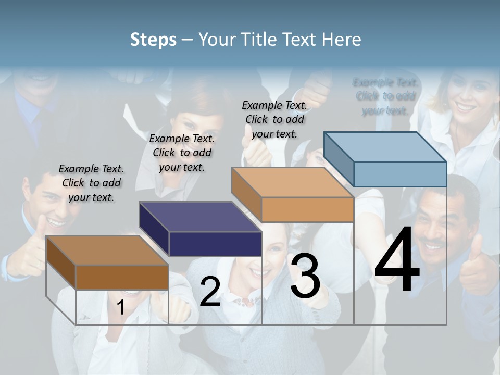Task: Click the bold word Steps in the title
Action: [153, 40]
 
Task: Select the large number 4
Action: [397, 260]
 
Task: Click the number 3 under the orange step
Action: [305, 277]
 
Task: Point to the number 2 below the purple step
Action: [210, 292]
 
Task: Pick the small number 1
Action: [120, 308]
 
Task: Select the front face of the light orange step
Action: [307, 209]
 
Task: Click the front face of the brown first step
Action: [122, 277]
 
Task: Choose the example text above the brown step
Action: [91, 183]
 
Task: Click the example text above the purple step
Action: [182, 153]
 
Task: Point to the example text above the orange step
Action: [274, 119]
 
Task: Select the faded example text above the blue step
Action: [385, 96]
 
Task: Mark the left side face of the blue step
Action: [339, 159]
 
